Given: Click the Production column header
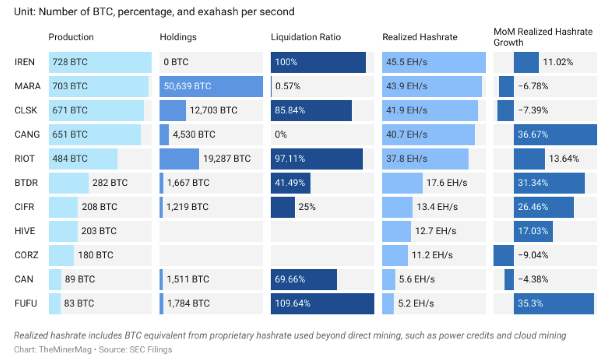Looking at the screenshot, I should (71, 37).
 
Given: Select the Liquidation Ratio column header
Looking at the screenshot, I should (306, 37).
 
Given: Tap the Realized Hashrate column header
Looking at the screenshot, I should (419, 37).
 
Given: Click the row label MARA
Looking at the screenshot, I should (27, 86).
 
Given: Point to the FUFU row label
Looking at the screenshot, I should (25, 303).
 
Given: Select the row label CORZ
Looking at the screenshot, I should (26, 255).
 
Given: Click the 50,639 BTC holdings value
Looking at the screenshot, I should (187, 86).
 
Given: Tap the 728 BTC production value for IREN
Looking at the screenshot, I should (70, 62).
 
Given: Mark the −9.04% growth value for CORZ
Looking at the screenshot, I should (533, 255).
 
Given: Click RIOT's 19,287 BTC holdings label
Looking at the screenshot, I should (227, 159).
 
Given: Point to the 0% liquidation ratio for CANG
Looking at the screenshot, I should (281, 135).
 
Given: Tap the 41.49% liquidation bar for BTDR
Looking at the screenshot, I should (290, 183).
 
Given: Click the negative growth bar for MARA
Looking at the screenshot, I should (506, 86).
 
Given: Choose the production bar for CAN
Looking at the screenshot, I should (55, 279).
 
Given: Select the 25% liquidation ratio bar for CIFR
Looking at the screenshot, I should (283, 207).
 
